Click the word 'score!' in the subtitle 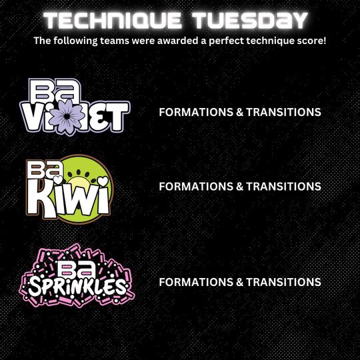point(310,41)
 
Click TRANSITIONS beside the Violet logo point(283,112)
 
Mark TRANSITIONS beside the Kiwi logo point(283,187)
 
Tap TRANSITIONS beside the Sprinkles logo point(283,282)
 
